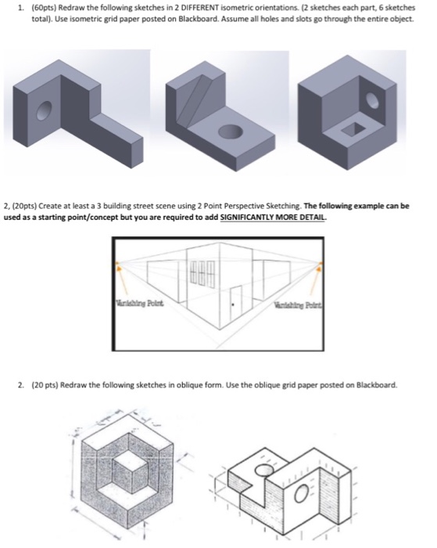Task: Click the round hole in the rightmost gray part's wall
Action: [x=373, y=100]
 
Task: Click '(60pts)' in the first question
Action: [x=39, y=8]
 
